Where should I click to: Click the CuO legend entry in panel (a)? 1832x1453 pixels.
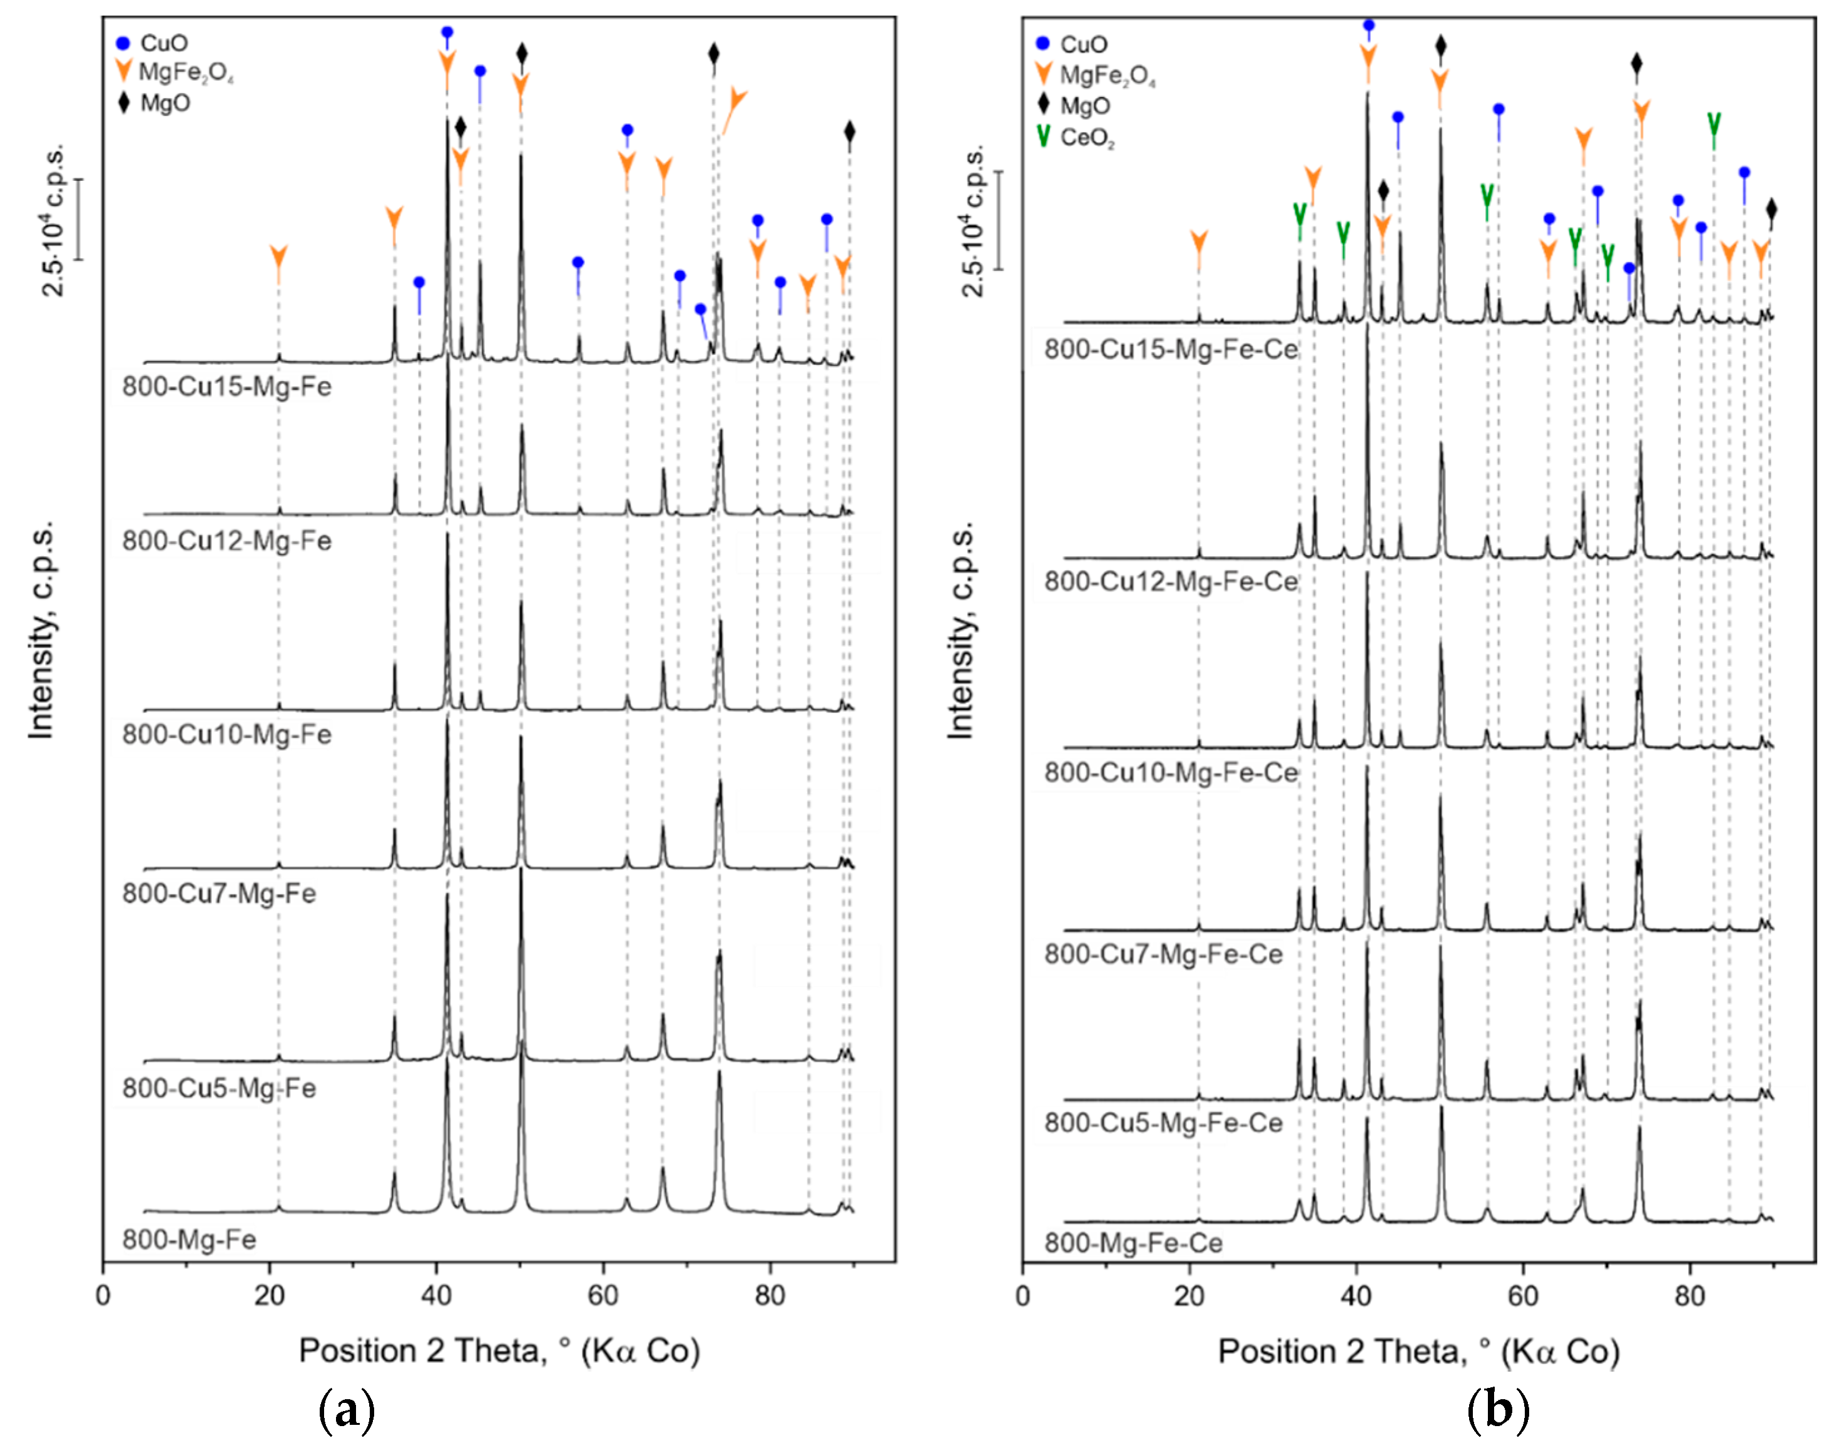point(153,43)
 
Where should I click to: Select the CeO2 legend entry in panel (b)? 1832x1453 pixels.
point(1076,138)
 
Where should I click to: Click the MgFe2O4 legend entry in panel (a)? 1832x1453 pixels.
point(174,72)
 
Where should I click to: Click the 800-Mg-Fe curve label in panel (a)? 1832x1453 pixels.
point(188,1240)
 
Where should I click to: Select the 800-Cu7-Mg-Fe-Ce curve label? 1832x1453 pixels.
point(1163,954)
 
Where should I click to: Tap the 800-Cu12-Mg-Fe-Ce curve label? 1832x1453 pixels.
point(1170,581)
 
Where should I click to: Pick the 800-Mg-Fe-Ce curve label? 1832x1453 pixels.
point(1132,1243)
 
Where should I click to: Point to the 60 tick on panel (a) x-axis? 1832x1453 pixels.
point(603,1296)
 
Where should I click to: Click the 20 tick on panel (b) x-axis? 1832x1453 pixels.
point(1189,1296)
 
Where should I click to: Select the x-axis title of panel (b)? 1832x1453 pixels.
point(1418,1351)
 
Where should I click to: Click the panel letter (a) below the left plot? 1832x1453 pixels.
point(346,1411)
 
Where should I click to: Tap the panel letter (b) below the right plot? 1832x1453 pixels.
point(1498,1411)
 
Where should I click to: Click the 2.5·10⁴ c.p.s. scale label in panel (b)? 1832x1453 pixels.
point(973,220)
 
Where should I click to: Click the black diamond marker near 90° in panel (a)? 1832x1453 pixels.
point(850,131)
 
